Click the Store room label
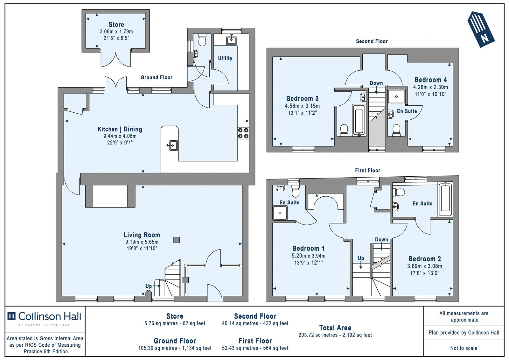point(116,25)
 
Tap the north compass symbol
point(481,29)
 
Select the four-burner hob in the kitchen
point(243,133)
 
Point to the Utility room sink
point(231,40)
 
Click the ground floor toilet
point(202,40)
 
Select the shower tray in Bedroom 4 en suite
point(396,96)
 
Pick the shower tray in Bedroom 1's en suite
point(280,213)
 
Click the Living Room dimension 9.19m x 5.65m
point(142,242)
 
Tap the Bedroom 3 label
point(302,99)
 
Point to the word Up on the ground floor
point(149,286)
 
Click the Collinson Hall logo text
point(50,316)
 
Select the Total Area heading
point(335,328)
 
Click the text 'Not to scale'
point(464,348)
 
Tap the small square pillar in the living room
point(177,240)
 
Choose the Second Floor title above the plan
point(372,41)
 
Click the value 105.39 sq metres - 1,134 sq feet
point(175,348)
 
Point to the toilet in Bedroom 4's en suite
point(396,130)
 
